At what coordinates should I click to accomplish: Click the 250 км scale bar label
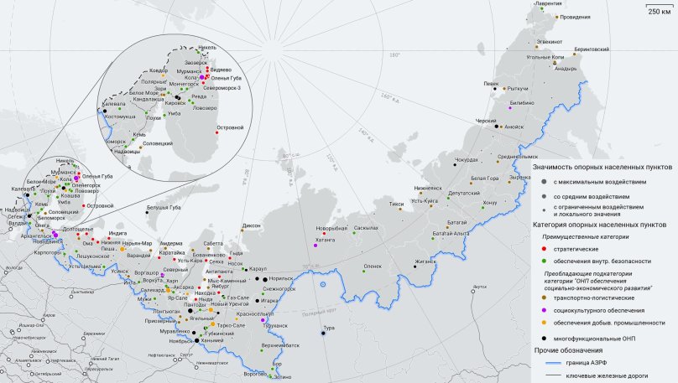[659, 11]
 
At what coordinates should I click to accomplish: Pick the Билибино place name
[521, 101]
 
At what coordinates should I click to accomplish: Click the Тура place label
[330, 327]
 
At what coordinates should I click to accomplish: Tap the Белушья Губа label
[164, 207]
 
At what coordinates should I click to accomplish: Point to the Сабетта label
[213, 243]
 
